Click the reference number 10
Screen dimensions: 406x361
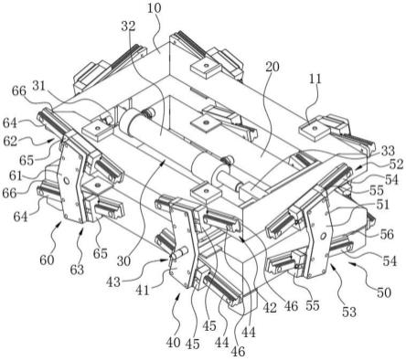pos(154,8)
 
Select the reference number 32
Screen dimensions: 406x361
pos(128,27)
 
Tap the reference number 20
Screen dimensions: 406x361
pos(272,67)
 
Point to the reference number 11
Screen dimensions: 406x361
pos(315,80)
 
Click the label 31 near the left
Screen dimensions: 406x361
pos(38,87)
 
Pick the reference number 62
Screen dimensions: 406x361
pos(10,142)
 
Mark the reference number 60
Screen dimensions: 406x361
pos(47,260)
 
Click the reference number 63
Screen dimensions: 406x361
pos(77,270)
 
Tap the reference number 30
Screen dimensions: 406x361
pos(123,261)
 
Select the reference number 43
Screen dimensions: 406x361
pos(113,282)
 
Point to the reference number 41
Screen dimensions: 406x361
pos(143,290)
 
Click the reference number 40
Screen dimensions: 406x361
pos(174,344)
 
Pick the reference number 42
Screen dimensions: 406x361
pos(270,308)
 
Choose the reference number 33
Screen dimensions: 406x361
pos(388,151)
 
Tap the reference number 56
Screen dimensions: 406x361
pos(387,234)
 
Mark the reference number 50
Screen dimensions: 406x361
pos(384,292)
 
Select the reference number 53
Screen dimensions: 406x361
pos(349,312)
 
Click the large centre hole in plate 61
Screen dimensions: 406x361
pos(65,181)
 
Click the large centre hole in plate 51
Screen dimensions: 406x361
pos(324,235)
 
